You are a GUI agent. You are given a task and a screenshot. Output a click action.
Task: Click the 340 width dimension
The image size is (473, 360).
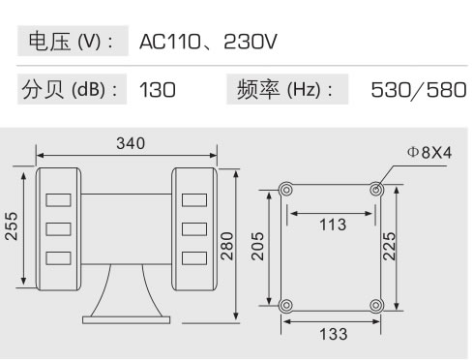(130, 144)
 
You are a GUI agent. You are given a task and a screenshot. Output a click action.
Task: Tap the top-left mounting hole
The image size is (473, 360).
(284, 189)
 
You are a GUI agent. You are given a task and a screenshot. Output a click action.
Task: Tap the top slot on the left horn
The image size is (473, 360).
(57, 199)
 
